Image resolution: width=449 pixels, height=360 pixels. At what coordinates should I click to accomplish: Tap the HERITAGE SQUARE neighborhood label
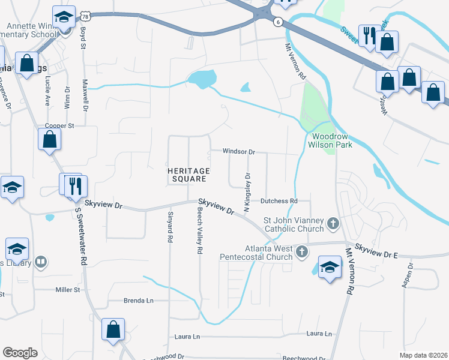[x=188, y=175]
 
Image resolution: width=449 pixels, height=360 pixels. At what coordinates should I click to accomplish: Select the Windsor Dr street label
[x=239, y=151]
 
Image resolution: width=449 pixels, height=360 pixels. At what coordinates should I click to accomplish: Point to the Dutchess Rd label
[x=279, y=201]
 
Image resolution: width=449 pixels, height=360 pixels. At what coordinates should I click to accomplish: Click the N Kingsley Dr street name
[x=246, y=192]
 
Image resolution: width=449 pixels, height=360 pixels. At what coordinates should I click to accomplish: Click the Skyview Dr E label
[x=376, y=251]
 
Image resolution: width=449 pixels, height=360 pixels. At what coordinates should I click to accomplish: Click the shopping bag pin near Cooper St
[x=50, y=140]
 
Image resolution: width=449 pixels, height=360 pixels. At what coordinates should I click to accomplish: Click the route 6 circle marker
[x=277, y=22]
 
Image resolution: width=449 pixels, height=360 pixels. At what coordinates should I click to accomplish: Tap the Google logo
[x=20, y=353]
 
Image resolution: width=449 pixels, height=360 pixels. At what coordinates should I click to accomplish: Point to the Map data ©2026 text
[x=424, y=355]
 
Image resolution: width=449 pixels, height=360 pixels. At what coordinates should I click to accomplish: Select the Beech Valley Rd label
[x=199, y=230]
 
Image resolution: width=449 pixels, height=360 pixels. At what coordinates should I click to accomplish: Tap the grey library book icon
[x=41, y=262]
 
